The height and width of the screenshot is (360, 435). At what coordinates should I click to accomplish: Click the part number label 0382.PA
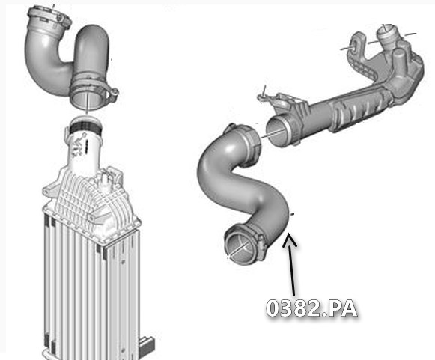[x=311, y=308]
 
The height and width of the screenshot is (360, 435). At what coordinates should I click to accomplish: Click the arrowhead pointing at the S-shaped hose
[x=289, y=239]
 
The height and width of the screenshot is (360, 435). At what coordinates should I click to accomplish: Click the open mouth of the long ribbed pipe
[x=278, y=129]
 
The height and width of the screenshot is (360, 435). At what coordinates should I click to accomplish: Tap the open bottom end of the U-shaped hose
[x=87, y=100]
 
